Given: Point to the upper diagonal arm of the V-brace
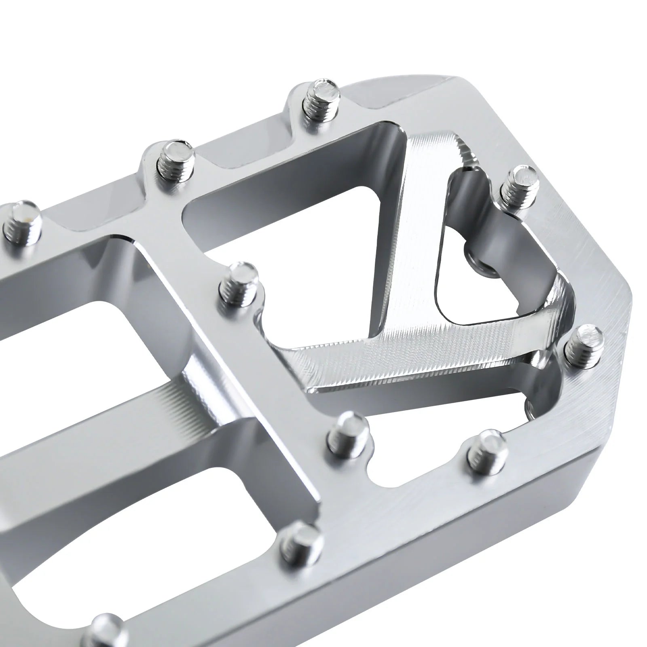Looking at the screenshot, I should pyautogui.click(x=408, y=226).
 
